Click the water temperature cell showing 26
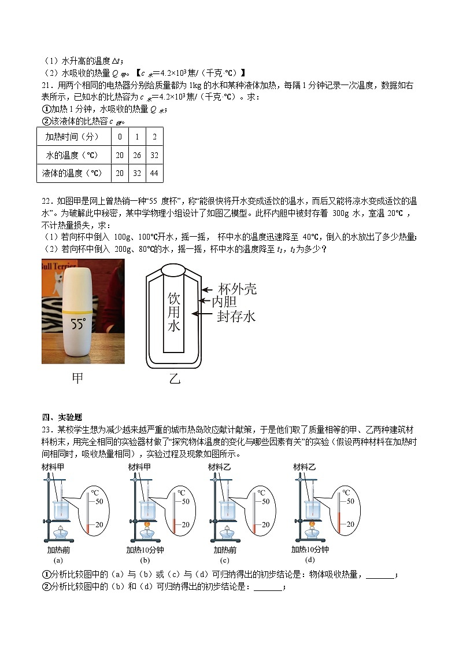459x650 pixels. pos(136,155)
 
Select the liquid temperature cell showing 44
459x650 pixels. pos(154,173)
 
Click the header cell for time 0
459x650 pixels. pos(120,137)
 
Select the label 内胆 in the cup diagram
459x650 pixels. pos(225,302)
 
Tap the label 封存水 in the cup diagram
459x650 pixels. pos(236,316)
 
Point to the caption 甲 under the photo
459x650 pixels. pos(77,378)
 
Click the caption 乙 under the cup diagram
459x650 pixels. pos(175,379)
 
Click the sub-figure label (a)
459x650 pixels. pos(58,560)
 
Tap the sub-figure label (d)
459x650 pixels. pos(310,560)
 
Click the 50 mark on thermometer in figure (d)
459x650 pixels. pos(350,501)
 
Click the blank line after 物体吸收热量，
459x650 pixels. pos(380,575)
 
